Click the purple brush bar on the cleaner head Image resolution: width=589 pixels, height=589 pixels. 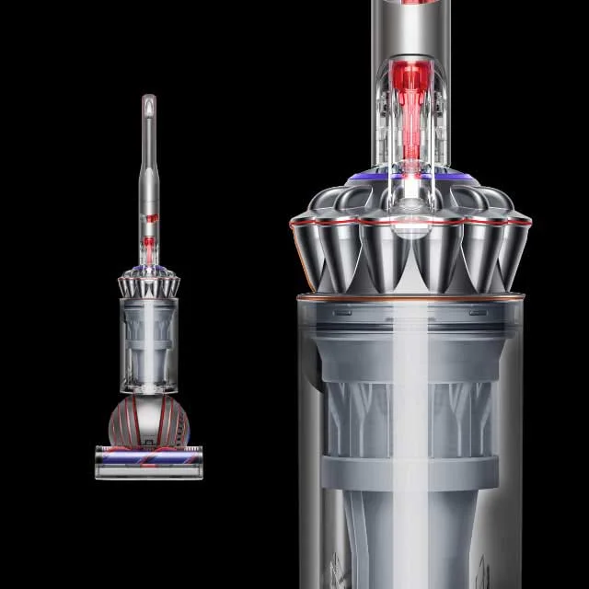click(x=148, y=457)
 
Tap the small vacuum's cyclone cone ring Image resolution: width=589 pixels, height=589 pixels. click(x=148, y=283)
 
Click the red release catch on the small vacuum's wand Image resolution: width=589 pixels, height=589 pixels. click(x=148, y=245)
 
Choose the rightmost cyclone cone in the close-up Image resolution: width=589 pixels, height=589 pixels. click(x=512, y=244)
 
